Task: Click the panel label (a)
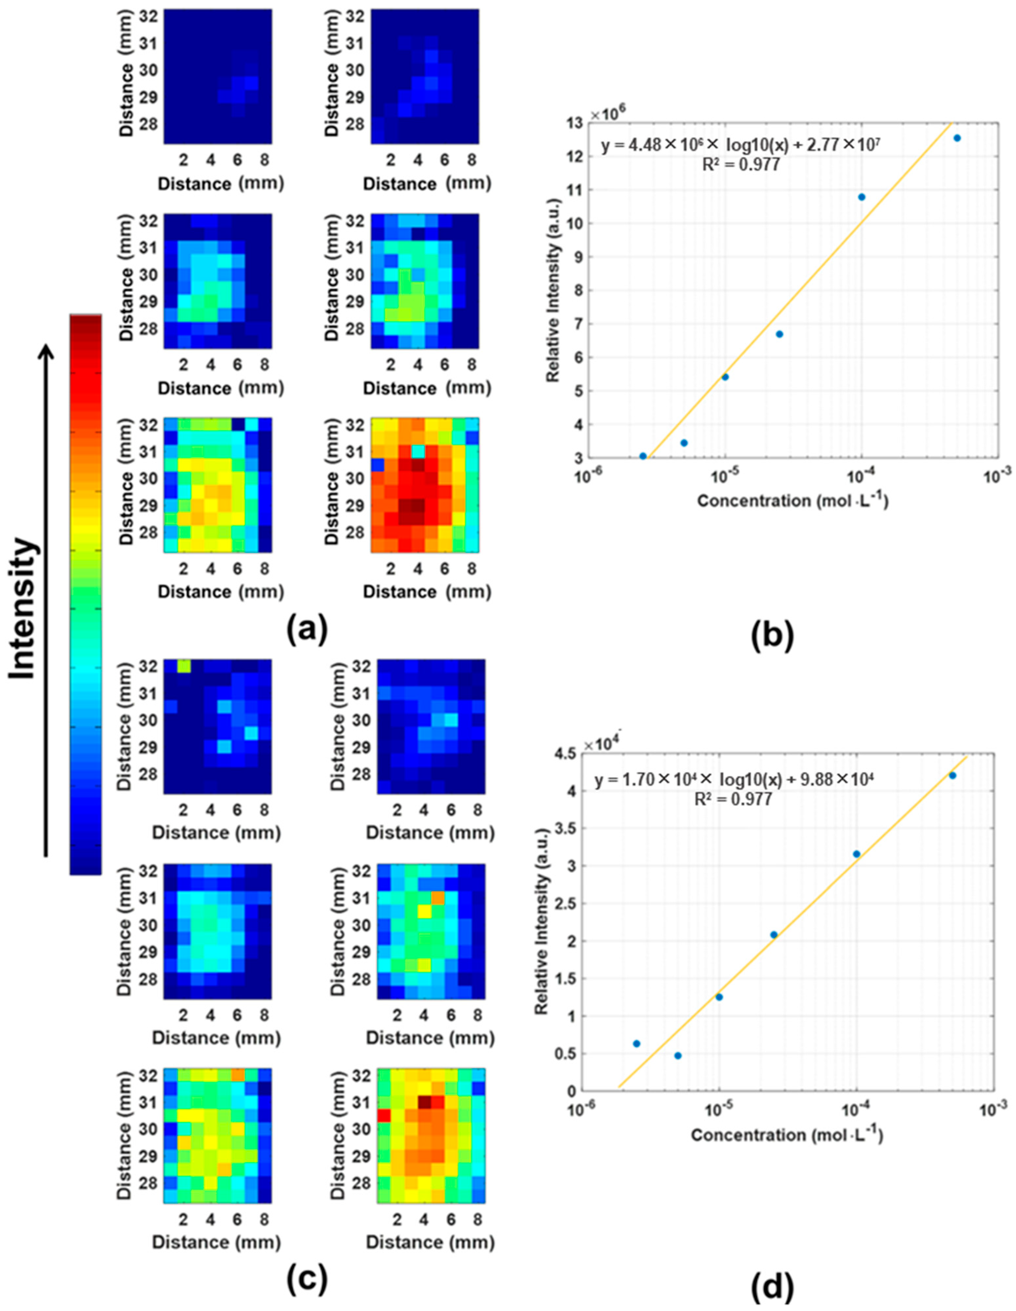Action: click(x=307, y=630)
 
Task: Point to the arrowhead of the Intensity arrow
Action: click(x=46, y=354)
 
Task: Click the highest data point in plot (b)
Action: click(x=957, y=138)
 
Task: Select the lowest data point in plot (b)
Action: click(x=643, y=456)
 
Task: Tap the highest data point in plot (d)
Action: click(x=952, y=775)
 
